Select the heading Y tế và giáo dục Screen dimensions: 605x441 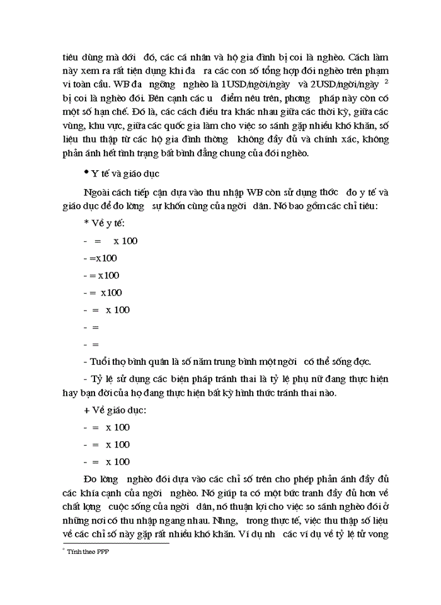pyautogui.click(x=124, y=172)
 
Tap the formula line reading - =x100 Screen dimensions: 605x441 pyautogui.click(x=100, y=258)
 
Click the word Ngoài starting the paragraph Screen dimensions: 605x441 pyautogui.click(x=97, y=190)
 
